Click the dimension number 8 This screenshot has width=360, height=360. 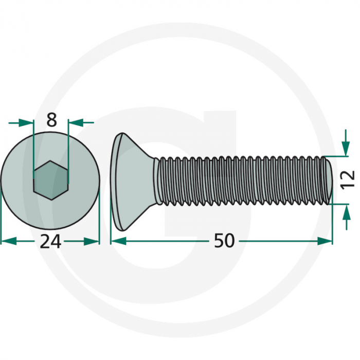pos(51,120)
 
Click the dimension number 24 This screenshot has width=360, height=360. pos(51,241)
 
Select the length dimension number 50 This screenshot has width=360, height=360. pos(224,241)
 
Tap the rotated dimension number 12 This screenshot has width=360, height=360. pos(348,179)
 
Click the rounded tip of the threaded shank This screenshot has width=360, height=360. pos(328,180)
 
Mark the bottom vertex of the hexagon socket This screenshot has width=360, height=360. pos(51,200)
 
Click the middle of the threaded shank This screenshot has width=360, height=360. pos(242,180)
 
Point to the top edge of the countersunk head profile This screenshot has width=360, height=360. pos(119,135)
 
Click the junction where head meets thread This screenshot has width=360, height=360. pos(157,180)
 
